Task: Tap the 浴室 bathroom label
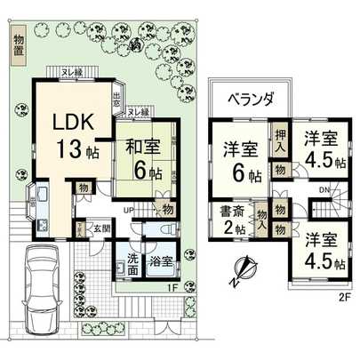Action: point(162,264)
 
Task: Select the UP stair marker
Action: point(129,209)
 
